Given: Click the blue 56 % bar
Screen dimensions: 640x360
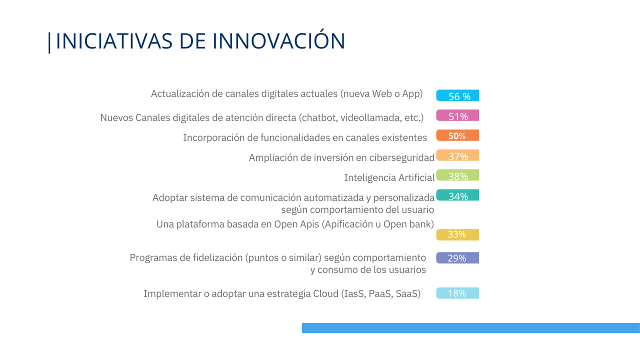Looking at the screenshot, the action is point(457,95).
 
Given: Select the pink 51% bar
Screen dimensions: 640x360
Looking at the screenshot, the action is point(457,115).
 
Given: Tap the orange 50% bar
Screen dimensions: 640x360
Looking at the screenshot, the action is point(457,135).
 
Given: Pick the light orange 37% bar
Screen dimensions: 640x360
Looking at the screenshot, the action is point(457,155).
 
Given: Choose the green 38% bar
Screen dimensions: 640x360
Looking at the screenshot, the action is point(457,175).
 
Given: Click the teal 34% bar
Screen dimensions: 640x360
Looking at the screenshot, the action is point(457,195).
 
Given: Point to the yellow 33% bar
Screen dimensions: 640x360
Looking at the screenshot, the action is point(457,235).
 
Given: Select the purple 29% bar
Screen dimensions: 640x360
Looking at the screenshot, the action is point(457,257).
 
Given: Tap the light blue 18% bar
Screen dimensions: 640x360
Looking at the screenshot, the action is point(457,293).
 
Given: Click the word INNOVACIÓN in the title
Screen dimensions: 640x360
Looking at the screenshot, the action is point(279,40).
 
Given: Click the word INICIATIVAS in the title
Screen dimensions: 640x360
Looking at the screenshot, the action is point(114,41).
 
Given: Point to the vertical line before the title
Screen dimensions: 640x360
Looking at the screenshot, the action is point(49,42).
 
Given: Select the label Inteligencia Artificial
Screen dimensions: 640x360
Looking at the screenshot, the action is point(389,177).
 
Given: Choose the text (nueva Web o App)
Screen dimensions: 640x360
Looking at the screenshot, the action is point(381,94).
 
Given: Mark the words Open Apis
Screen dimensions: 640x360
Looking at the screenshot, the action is point(296,224).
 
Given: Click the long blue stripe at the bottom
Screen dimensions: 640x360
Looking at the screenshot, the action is point(471,328).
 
